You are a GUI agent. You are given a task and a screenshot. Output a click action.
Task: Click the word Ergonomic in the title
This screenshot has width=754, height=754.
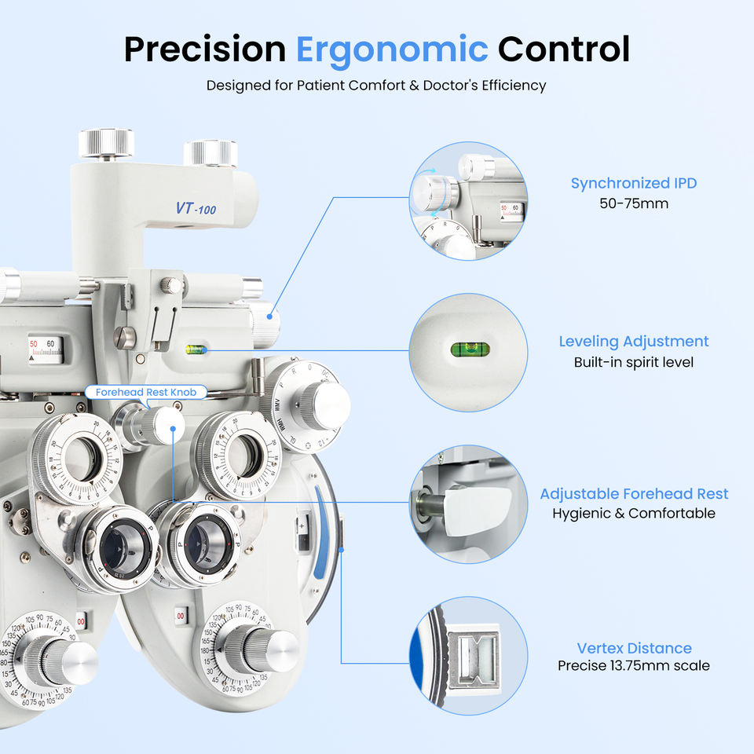(392, 49)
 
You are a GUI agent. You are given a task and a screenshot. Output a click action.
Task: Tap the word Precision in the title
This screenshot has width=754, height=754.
(204, 49)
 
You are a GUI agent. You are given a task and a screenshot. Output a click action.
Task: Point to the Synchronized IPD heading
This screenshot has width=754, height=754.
(633, 184)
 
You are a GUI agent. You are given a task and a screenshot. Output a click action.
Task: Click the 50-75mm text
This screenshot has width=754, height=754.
(633, 203)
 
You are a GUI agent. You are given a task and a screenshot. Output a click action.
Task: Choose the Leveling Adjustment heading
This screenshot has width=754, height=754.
(633, 342)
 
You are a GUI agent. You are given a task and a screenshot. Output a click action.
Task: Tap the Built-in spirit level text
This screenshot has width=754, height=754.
(633, 362)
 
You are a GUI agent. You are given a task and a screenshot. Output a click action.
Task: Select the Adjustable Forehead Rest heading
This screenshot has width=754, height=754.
(633, 494)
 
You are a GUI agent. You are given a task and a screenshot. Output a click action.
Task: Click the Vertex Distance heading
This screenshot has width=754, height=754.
(634, 648)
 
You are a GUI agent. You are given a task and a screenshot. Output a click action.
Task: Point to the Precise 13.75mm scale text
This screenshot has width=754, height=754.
(633, 666)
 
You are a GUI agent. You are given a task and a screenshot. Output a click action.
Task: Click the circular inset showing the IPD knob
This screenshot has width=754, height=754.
(468, 200)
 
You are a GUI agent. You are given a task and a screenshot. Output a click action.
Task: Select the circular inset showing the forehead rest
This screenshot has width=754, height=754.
(468, 505)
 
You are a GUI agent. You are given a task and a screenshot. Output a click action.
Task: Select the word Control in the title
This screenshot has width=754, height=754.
(563, 49)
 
